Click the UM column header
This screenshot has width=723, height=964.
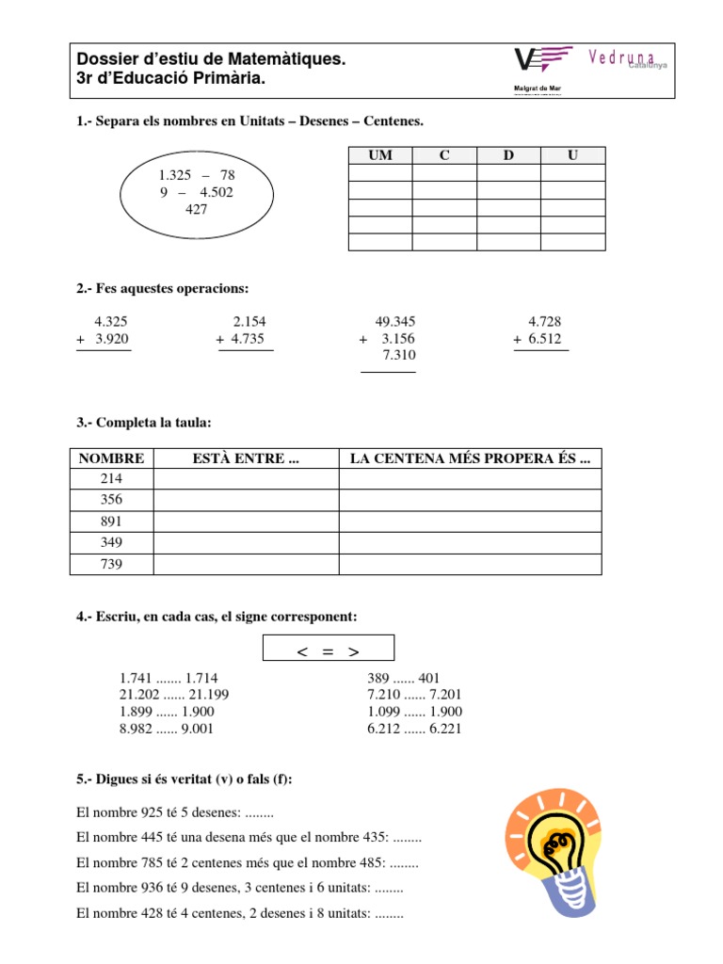tap(379, 155)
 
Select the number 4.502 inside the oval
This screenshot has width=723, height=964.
tap(217, 192)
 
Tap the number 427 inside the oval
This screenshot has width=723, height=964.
tap(196, 209)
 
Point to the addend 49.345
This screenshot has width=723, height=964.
tap(394, 321)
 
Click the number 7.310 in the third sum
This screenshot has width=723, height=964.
tap(398, 355)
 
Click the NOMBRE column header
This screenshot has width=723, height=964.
tap(111, 458)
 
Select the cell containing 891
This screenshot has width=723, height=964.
tap(111, 522)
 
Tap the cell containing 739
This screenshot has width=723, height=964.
tap(111, 564)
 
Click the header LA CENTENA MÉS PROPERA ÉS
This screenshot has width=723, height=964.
tap(470, 458)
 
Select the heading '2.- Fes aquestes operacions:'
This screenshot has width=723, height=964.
tap(163, 288)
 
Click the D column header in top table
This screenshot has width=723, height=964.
tap(508, 155)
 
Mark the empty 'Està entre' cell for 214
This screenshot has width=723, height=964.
tap(245, 479)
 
